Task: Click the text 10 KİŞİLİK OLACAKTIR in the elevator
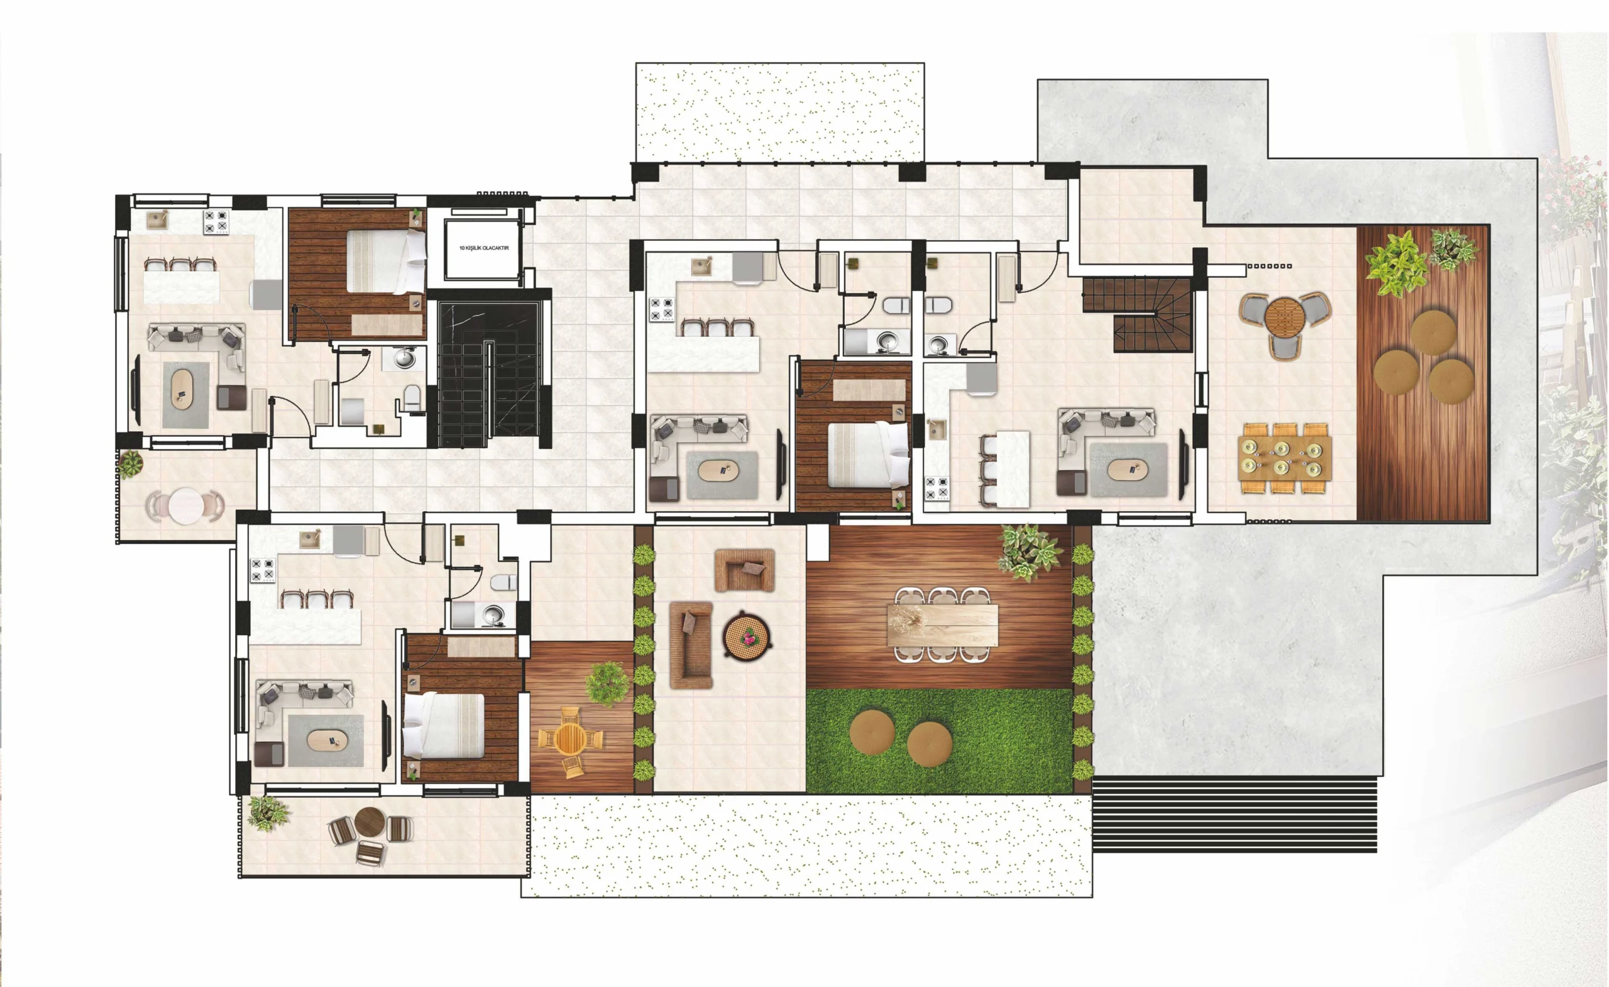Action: coord(484,248)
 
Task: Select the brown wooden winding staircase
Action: coord(1138,315)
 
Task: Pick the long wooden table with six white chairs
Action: coord(942,625)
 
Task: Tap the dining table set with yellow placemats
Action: coord(1285,458)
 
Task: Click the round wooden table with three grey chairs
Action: coord(1285,323)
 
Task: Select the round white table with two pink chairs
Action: coord(185,505)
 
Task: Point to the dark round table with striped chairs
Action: coord(370,834)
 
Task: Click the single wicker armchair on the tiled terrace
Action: coord(744,570)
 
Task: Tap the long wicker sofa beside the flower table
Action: coord(691,645)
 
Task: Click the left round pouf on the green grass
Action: coord(872,733)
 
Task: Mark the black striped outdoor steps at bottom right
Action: coord(1234,814)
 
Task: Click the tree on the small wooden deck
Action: coord(607,684)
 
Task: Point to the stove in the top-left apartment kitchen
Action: coord(216,221)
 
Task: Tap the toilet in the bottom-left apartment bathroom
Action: coord(503,582)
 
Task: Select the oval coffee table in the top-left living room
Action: coord(182,390)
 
